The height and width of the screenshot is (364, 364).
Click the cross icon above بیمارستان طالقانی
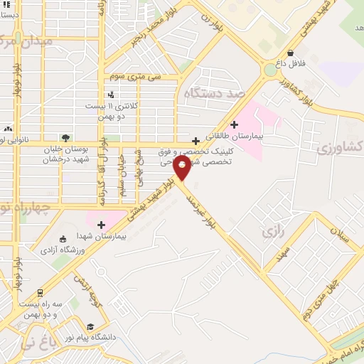coord(234,124)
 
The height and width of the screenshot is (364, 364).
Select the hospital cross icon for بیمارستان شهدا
coord(102,225)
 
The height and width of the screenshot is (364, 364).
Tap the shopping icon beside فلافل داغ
coord(291,53)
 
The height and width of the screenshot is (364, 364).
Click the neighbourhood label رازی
coord(272,232)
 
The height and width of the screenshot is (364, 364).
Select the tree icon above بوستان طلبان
coord(65,138)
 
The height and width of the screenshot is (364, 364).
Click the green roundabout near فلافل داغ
coord(270,70)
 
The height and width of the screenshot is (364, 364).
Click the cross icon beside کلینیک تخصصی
coord(196,141)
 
